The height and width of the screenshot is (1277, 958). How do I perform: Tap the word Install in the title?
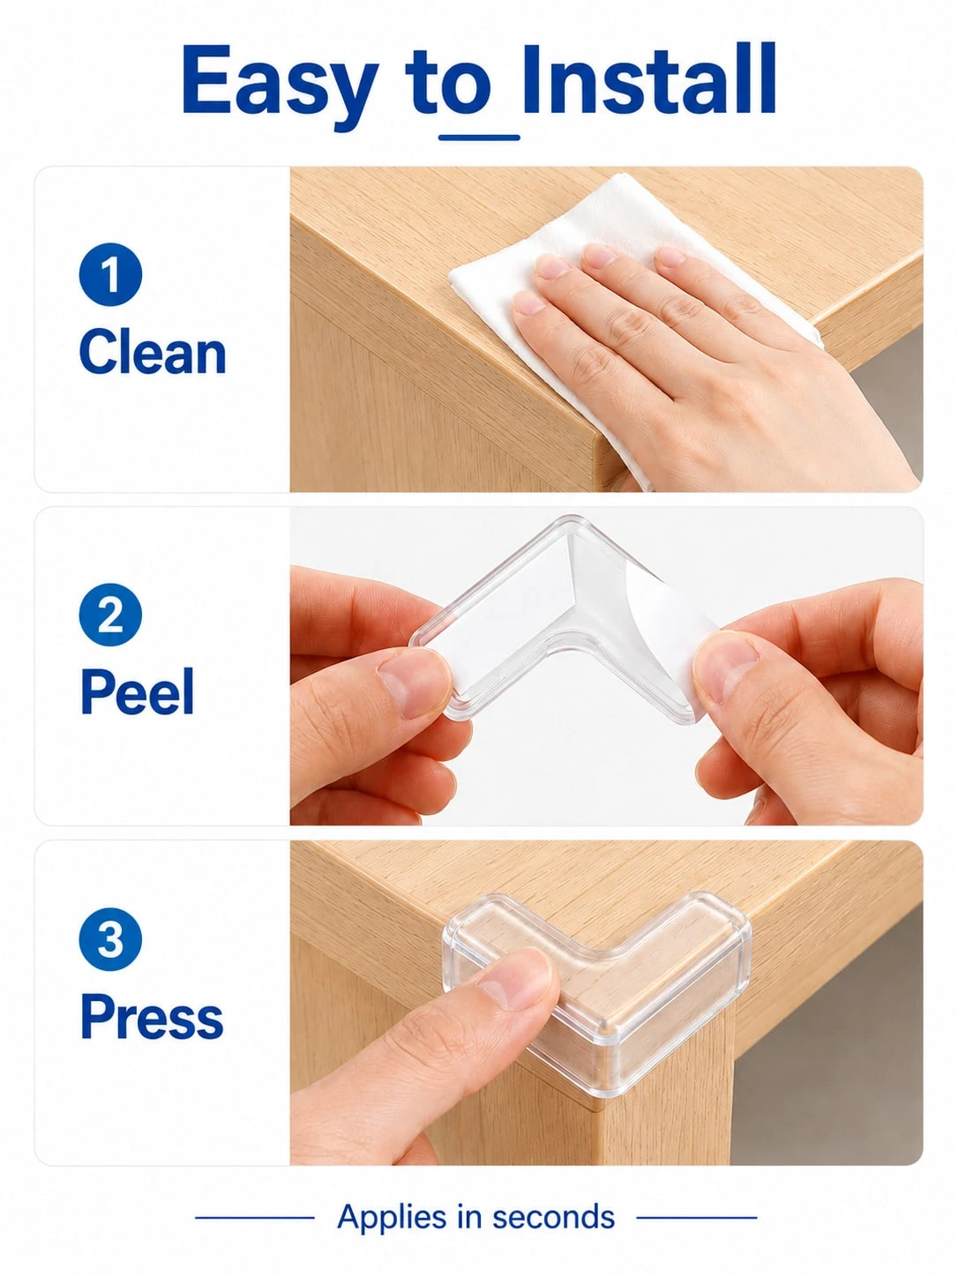click(649, 78)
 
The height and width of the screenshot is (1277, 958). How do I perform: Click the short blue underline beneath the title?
click(479, 138)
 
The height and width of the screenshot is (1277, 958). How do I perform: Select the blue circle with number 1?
click(110, 274)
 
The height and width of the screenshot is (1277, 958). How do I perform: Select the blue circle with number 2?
click(110, 616)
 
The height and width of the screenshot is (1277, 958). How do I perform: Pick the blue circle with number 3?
click(110, 940)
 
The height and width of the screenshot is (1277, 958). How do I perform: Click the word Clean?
click(153, 352)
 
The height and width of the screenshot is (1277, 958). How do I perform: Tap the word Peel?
click(138, 691)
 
